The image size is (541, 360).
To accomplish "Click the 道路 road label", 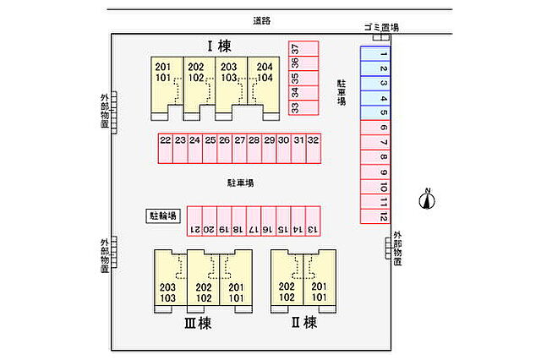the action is point(262,20).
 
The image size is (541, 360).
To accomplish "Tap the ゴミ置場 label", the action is point(381,27).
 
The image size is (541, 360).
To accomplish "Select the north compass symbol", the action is point(427,199).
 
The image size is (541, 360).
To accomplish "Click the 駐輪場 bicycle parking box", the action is point(163,215).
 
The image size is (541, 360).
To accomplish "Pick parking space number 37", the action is point(303,49).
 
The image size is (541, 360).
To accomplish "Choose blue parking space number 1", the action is point(375,54).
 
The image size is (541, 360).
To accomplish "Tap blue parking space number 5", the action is point(375,112).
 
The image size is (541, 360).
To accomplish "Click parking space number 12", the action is point(375,216).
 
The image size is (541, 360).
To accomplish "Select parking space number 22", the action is point(166,148).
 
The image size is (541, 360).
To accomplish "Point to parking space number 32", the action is point(314,148).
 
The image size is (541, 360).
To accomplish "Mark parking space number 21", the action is point(194,221).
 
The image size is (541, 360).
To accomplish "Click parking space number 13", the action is point(313,221).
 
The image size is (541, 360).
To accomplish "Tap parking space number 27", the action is point(239,148).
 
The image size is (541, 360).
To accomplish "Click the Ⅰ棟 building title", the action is point(219,46).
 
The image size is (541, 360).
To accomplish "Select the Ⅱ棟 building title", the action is point(304,323).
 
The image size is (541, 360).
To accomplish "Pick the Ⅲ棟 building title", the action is point(198,324).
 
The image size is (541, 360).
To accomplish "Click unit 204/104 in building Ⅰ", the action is point(264,85).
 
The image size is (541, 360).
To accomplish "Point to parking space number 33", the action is point(303,107).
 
